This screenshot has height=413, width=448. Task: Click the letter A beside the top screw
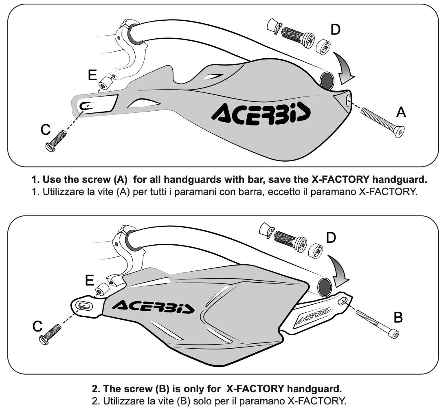(401, 112)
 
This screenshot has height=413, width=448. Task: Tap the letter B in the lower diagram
(398, 318)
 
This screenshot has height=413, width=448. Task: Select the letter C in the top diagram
(46, 130)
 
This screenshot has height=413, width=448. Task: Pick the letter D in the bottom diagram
(331, 238)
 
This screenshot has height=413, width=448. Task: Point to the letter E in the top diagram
(92, 75)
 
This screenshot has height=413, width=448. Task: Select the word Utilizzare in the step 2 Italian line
(123, 402)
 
